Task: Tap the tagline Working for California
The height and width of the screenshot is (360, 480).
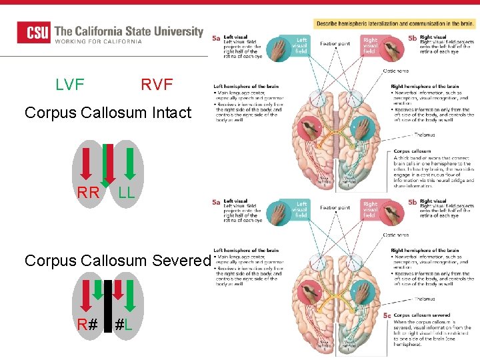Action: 98,41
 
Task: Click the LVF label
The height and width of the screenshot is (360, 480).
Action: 70,85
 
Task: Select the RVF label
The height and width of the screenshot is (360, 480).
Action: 157,85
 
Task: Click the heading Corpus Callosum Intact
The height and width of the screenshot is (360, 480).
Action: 108,113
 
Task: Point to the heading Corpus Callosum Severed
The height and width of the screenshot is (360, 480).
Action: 117,261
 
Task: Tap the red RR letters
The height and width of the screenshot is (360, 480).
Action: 88,194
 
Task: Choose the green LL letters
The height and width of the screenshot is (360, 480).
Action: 126,194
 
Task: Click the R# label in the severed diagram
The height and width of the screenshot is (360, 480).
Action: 87,326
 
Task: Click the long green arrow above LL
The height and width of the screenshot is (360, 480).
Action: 131,164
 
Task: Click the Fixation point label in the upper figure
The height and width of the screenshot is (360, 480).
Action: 335,44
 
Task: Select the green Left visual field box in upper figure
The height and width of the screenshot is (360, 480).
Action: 301,45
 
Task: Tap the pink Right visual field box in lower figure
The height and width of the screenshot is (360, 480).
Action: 370,209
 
